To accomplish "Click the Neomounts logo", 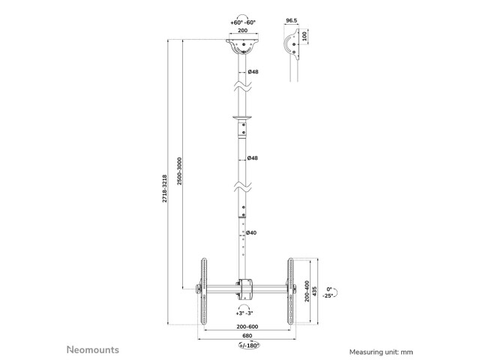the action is click(93, 349).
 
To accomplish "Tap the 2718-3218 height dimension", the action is click(165, 188).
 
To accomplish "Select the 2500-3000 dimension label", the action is click(179, 171).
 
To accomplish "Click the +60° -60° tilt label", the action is click(243, 22).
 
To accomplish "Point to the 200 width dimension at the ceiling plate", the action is click(243, 30).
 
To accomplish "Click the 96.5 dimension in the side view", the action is click(291, 20).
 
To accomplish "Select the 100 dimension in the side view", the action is click(304, 36).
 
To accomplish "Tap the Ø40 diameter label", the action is click(251, 232).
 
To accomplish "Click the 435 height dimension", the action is click(315, 292).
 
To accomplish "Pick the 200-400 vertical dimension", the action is click(307, 291).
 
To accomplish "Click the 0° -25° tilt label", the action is click(328, 292).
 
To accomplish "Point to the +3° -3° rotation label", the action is click(244, 313).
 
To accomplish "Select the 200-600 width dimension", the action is click(247, 327).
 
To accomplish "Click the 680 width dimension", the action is click(247, 336).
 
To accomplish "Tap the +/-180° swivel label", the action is click(249, 345).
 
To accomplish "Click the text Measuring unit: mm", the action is click(381, 352).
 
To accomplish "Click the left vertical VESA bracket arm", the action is click(203, 291).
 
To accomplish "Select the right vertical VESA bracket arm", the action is click(290, 291).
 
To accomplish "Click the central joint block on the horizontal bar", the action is click(245, 289).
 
